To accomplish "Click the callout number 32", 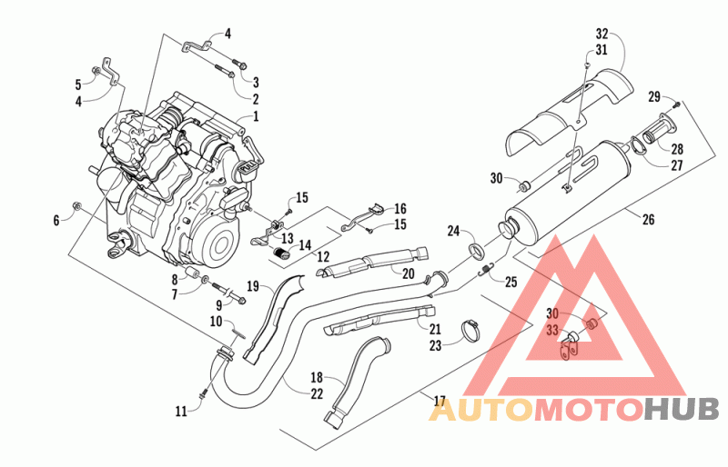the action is [x=602, y=34].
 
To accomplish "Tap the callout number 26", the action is [x=648, y=219].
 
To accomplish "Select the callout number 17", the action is [x=440, y=401].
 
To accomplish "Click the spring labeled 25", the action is [x=486, y=269].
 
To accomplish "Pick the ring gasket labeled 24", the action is [x=476, y=249].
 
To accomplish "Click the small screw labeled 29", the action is [x=677, y=104].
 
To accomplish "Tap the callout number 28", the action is [x=677, y=149].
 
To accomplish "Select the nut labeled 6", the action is [x=77, y=206].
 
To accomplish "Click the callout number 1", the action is [x=256, y=115].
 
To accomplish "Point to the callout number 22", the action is [x=317, y=393].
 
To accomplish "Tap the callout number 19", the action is [x=253, y=286].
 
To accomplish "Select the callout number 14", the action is [x=305, y=245].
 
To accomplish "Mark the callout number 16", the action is [x=400, y=209].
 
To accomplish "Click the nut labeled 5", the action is [x=96, y=71].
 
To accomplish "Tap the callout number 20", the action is [x=408, y=273].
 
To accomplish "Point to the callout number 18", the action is [x=317, y=377].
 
